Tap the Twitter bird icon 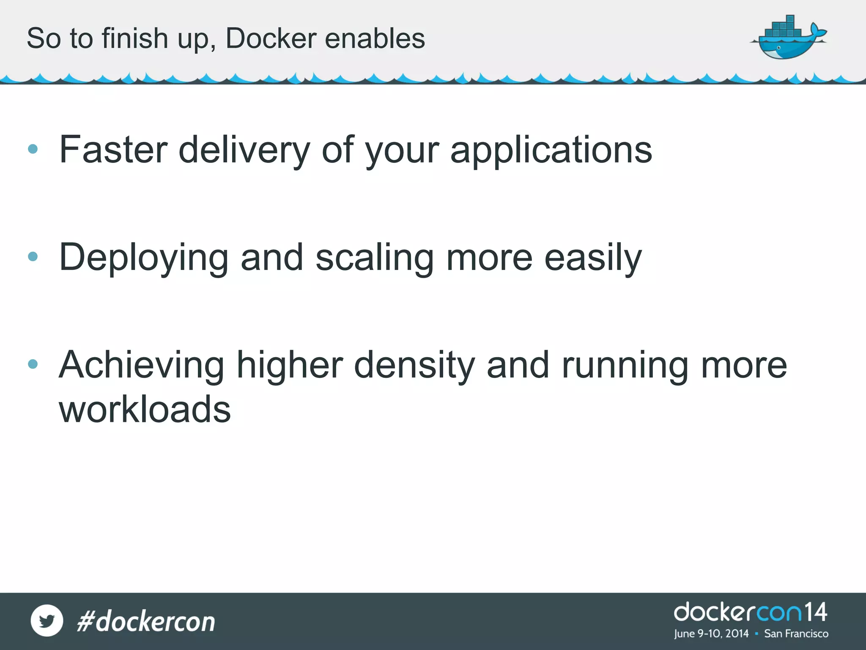pyautogui.click(x=47, y=620)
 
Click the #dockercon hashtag pyautogui.click(x=146, y=621)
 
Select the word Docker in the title pyautogui.click(x=271, y=39)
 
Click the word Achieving pyautogui.click(x=142, y=365)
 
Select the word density pyautogui.click(x=414, y=365)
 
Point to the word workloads pyautogui.click(x=145, y=409)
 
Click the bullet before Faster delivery pyautogui.click(x=33, y=149)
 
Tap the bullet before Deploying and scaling pyautogui.click(x=33, y=256)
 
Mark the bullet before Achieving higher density pyautogui.click(x=33, y=364)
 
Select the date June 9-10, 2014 pyautogui.click(x=711, y=633)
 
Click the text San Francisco pyautogui.click(x=796, y=633)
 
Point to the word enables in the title pyautogui.click(x=375, y=39)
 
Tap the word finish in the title pyautogui.click(x=134, y=39)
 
